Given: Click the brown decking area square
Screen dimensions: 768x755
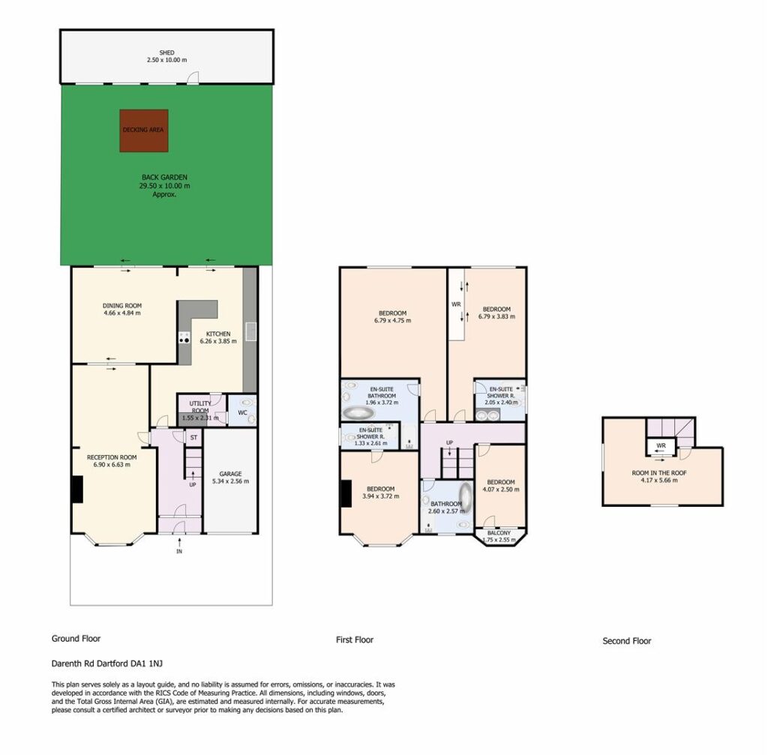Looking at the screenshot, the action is pyautogui.click(x=144, y=130).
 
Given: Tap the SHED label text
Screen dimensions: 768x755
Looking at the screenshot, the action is pyautogui.click(x=166, y=52).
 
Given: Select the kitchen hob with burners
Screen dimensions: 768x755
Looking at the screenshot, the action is pyautogui.click(x=184, y=337).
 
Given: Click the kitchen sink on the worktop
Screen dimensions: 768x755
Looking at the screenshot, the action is pyautogui.click(x=250, y=331).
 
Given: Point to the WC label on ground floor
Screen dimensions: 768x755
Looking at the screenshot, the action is pyautogui.click(x=242, y=413).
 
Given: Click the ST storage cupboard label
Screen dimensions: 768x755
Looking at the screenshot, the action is pyautogui.click(x=193, y=437).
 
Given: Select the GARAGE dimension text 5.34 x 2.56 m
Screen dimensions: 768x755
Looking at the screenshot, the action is pyautogui.click(x=230, y=481).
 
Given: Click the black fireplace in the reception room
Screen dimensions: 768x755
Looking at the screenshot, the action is pyautogui.click(x=77, y=489).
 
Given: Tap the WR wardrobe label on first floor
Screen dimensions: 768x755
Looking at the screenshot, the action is pyautogui.click(x=456, y=304).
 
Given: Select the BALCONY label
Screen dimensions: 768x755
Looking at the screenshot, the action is pyautogui.click(x=499, y=533).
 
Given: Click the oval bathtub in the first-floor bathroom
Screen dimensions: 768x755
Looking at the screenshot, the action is pyautogui.click(x=465, y=497).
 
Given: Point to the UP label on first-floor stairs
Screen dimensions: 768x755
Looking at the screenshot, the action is pyautogui.click(x=450, y=442).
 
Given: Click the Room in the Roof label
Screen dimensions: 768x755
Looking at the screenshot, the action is pyautogui.click(x=659, y=473).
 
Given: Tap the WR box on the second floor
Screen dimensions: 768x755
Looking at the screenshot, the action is pyautogui.click(x=661, y=447).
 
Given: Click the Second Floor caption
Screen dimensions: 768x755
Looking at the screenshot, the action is pyautogui.click(x=627, y=641).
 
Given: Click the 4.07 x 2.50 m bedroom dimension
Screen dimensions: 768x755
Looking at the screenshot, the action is pyautogui.click(x=501, y=489).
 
